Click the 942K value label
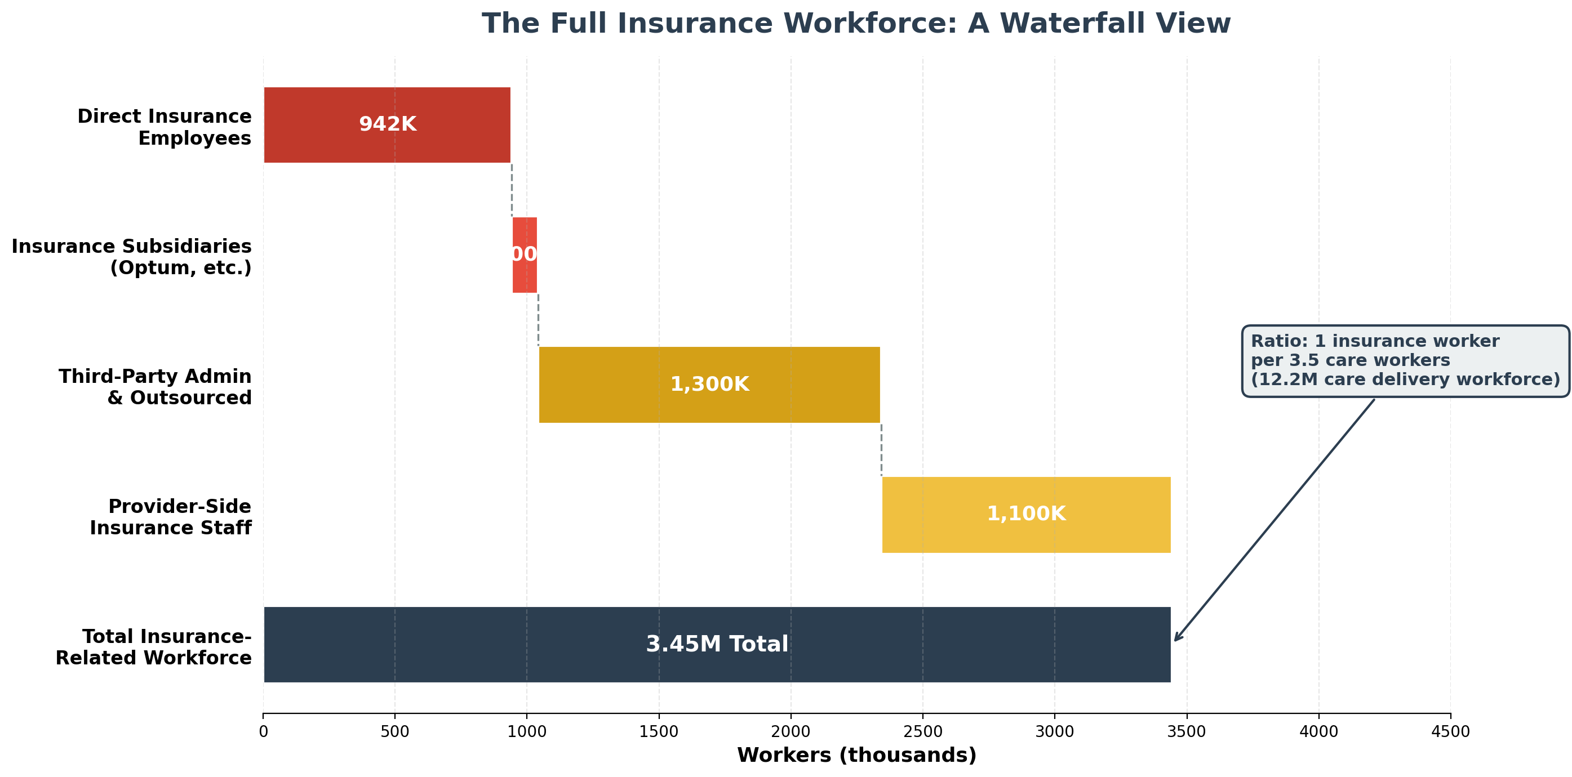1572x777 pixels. [x=388, y=124]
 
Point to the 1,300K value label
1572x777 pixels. [x=709, y=384]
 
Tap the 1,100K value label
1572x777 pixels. [x=1026, y=513]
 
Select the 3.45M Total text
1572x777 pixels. [x=717, y=644]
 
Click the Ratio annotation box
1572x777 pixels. [x=1405, y=361]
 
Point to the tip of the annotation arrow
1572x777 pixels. [x=1175, y=640]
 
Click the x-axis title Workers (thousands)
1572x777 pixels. [x=856, y=755]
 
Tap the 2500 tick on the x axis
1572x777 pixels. [x=922, y=732]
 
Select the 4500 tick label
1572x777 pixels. [x=1450, y=732]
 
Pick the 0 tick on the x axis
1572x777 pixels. [x=263, y=732]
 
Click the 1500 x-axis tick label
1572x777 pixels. [x=659, y=732]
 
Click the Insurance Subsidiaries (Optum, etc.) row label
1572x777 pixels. [x=131, y=257]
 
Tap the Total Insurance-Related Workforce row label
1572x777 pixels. [x=153, y=647]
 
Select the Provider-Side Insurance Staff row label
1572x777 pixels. [x=170, y=517]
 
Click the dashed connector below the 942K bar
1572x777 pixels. [x=512, y=189]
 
